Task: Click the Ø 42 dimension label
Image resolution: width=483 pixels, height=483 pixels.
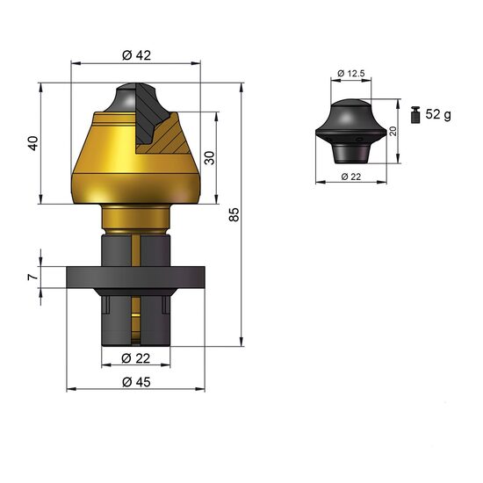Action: [136, 55]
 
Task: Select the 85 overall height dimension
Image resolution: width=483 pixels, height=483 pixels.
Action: [234, 214]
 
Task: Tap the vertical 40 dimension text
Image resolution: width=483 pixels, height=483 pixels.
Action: [33, 143]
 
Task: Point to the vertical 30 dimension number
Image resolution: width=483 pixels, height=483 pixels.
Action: [210, 158]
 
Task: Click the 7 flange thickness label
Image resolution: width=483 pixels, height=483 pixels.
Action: [32, 277]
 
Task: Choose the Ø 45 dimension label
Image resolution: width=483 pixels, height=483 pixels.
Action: [136, 382]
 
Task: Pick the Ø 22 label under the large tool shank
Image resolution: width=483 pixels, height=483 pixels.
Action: [135, 358]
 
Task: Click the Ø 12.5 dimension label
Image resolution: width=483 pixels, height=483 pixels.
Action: [351, 73]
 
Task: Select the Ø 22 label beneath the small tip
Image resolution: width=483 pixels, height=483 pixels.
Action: [351, 177]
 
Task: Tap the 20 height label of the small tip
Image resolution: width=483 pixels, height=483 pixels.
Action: [393, 131]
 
